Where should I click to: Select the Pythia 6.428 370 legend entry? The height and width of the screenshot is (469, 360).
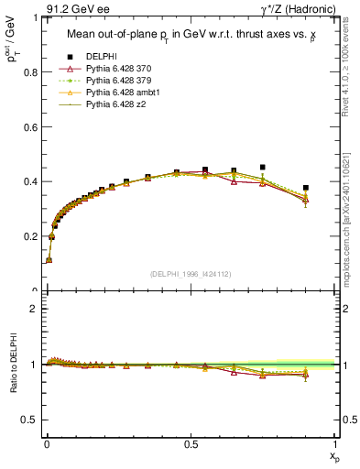[116, 69]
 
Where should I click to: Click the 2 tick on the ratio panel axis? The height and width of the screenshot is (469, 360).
[35, 309]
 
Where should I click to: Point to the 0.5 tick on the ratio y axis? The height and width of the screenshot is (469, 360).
[30, 420]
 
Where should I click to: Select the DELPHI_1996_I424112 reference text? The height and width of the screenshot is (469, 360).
[191, 274]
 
